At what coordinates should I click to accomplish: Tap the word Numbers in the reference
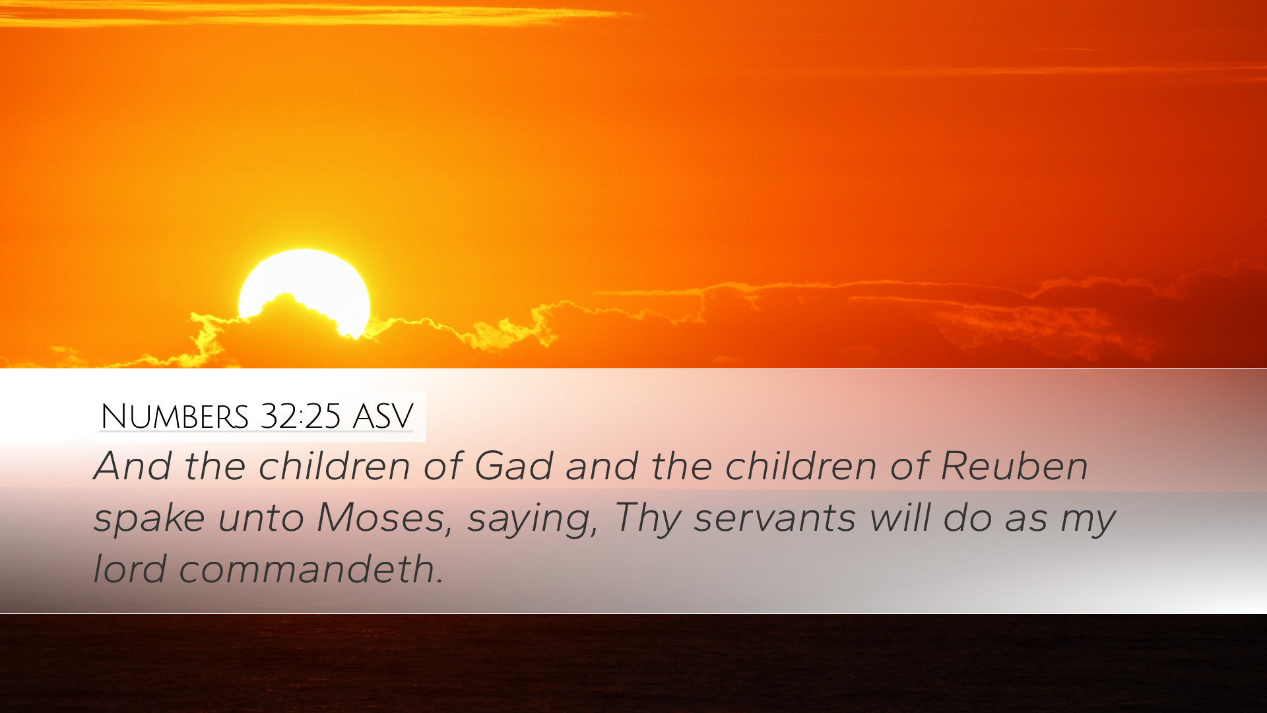point(174,417)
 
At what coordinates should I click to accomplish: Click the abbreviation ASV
point(383,417)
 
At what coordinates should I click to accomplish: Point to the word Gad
point(513,466)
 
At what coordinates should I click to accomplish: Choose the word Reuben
point(1014,466)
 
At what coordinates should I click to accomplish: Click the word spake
point(149,518)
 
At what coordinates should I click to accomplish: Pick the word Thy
point(647,518)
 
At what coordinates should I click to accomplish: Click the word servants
point(775,518)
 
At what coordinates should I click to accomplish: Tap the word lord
point(129,569)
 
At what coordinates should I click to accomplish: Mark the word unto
point(261,518)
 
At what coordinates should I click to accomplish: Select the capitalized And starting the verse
point(133,466)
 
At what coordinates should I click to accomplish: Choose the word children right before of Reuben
point(801,466)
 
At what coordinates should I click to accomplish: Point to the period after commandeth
point(439,582)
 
